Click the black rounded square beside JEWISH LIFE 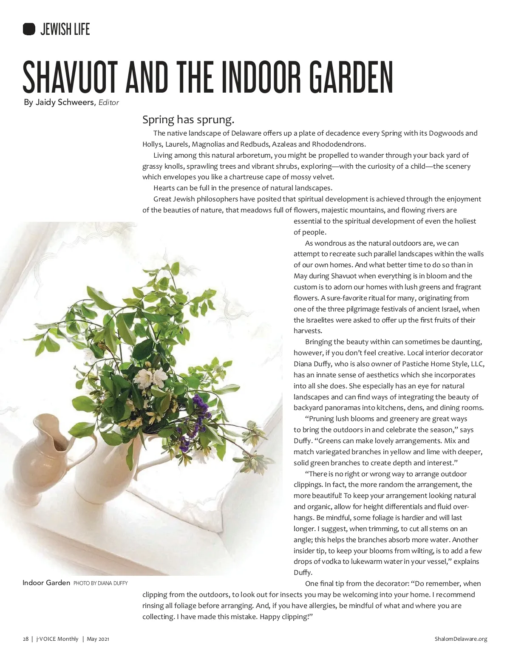pos(29,29)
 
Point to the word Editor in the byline pos(108,102)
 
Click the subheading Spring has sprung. pos(188,119)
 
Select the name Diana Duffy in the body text pos(312,364)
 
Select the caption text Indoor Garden pos(46,583)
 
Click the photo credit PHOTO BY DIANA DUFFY pos(100,583)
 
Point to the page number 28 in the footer pos(25,639)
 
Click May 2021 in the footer pos(98,639)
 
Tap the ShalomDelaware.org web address pos(461,639)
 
